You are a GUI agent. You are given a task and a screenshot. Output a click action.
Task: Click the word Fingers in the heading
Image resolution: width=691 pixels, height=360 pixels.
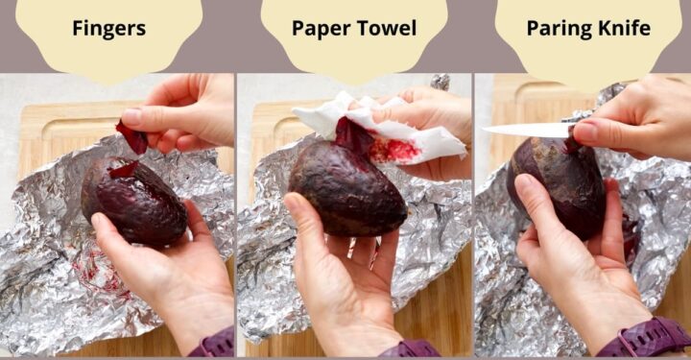tap(108, 29)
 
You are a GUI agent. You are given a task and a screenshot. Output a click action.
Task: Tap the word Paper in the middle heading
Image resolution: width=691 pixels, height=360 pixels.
tap(320, 29)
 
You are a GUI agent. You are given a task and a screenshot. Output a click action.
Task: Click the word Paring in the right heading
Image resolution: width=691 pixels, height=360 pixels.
tap(557, 29)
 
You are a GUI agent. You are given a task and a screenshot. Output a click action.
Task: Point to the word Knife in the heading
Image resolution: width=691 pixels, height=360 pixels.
tap(622, 29)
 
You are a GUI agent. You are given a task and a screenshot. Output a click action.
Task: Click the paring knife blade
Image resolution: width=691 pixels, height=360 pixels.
tap(523, 130)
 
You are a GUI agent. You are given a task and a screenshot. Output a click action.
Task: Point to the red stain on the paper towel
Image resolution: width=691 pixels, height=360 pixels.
tap(395, 150)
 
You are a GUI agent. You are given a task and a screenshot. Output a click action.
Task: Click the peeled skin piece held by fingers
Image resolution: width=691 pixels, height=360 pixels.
tap(131, 138)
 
